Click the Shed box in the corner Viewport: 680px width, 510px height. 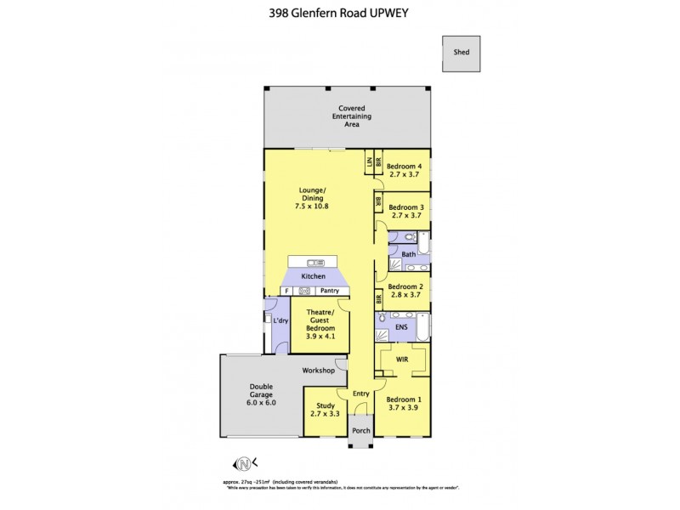(x=461, y=51)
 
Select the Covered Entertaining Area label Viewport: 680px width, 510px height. (x=350, y=116)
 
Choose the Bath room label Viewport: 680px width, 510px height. (x=408, y=254)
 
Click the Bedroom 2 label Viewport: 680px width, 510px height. (x=406, y=287)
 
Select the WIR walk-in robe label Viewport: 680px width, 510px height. (x=399, y=360)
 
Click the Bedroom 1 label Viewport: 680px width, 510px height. (x=405, y=399)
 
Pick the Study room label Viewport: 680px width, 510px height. (x=326, y=405)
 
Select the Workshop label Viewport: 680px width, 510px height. (x=319, y=371)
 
